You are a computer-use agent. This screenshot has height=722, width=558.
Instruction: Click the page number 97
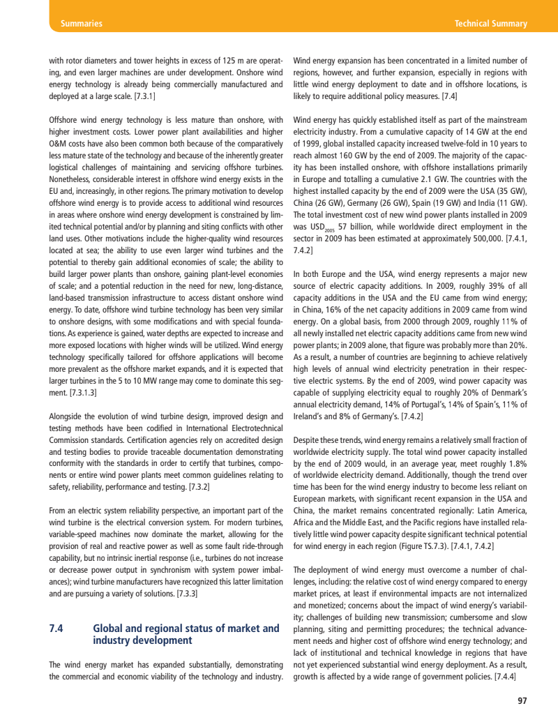522,700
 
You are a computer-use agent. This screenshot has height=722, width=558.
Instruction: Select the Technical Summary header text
490,24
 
